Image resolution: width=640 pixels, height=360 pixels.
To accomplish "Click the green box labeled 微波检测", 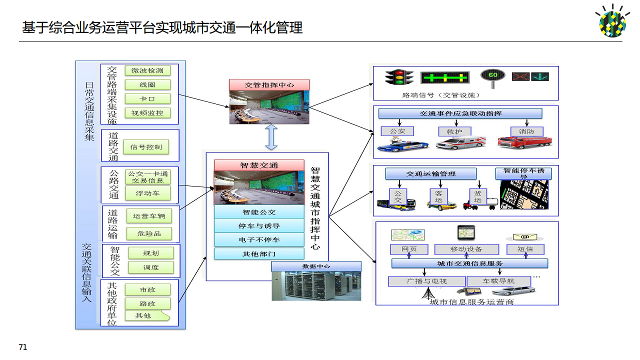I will pos(147,70).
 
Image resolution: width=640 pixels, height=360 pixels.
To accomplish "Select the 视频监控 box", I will pos(147,113).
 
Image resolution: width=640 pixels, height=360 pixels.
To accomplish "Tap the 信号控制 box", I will pos(146,147).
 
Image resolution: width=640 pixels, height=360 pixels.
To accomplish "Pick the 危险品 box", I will pos(149,233).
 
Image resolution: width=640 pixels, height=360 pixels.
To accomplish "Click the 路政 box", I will pos(147,303).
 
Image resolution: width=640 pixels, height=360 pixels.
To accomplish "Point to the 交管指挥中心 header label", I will pos(269,84).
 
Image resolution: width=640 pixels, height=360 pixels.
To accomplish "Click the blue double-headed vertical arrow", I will pos(271,137).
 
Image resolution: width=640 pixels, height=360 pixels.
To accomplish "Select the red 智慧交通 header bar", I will pos(259,165).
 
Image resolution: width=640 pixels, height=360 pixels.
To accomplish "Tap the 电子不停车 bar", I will pos(259,239).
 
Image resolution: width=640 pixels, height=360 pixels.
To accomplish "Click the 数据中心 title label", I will pos(316,266).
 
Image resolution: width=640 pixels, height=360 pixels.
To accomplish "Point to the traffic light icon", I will pos(399,77).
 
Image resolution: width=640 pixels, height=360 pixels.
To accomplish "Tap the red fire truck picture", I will pos(524,142).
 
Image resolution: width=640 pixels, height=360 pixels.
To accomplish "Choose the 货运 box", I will pos(477,196).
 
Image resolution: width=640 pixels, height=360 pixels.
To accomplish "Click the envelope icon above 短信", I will pos(524,236).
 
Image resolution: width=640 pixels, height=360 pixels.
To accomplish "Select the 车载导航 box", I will pos(498,281).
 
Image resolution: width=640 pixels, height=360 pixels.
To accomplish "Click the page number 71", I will pos(22,347).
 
